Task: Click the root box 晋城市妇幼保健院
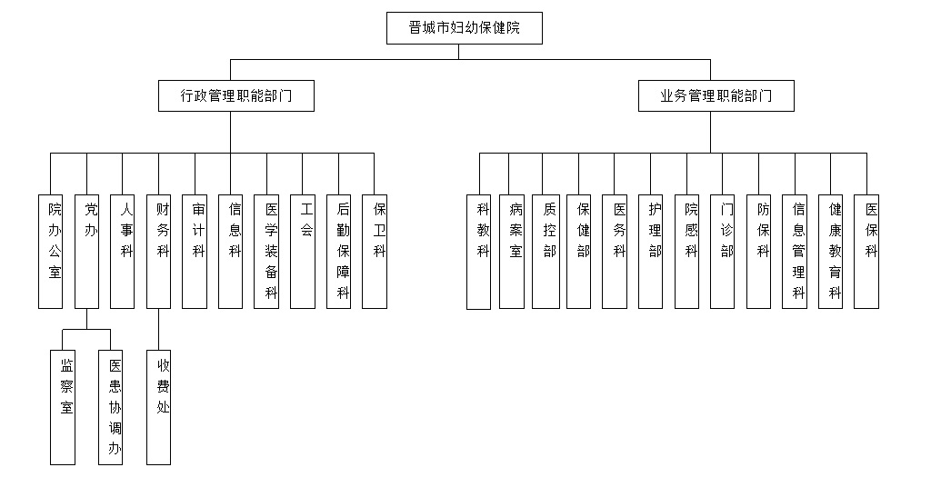tap(465, 28)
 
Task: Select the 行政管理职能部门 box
tap(236, 95)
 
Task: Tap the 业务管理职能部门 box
tap(716, 95)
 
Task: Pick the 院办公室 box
tap(51, 252)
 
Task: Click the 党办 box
tap(86, 252)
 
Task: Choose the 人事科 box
tap(123, 252)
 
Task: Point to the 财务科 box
tap(158, 252)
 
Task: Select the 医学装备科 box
tap(266, 252)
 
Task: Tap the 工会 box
tap(303, 252)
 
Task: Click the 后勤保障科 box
tap(338, 252)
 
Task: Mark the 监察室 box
tap(63, 407)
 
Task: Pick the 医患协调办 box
tap(110, 407)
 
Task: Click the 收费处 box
tap(158, 407)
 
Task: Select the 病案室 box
tap(512, 252)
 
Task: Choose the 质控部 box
tap(546, 252)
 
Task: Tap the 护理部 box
tap(651, 252)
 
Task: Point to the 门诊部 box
tap(723, 252)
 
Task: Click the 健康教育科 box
tap(831, 252)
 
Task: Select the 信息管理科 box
tap(795, 252)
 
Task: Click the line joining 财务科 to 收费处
tap(158, 329)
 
